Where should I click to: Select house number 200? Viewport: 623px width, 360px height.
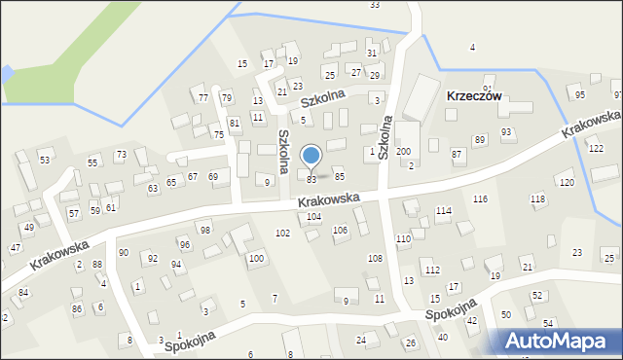pyautogui.click(x=403, y=152)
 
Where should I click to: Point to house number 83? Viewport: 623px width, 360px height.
pyautogui.click(x=311, y=179)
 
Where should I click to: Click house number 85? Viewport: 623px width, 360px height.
pyautogui.click(x=340, y=176)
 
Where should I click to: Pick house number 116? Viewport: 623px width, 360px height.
pyautogui.click(x=480, y=198)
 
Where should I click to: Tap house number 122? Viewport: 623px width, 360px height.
pyautogui.click(x=596, y=148)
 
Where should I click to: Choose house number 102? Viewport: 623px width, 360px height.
pyautogui.click(x=282, y=234)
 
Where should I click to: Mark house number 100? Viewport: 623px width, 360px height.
pyautogui.click(x=255, y=258)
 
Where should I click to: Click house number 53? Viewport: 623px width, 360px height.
pyautogui.click(x=44, y=159)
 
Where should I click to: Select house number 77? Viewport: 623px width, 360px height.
pyautogui.click(x=203, y=98)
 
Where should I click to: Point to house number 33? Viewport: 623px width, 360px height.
pyautogui.click(x=375, y=5)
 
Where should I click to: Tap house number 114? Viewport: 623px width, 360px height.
pyautogui.click(x=443, y=211)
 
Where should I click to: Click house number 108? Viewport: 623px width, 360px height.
pyautogui.click(x=375, y=258)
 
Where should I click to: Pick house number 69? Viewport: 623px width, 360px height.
pyautogui.click(x=212, y=176)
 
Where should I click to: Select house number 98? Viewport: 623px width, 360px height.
pyautogui.click(x=204, y=230)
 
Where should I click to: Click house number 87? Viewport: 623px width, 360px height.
pyautogui.click(x=457, y=155)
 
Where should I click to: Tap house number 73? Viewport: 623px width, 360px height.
pyautogui.click(x=121, y=155)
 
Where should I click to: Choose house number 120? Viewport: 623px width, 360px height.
pyautogui.click(x=567, y=183)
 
